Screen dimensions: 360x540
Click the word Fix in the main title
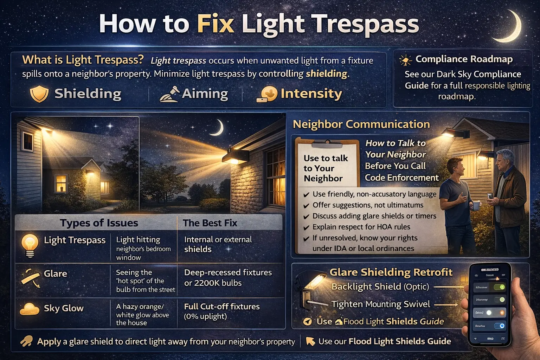click(216, 24)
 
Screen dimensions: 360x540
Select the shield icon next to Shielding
click(39, 94)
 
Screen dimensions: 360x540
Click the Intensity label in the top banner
click(311, 94)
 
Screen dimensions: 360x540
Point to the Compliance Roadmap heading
click(464, 59)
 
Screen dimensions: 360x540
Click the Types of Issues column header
click(99, 223)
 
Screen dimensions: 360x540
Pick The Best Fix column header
click(210, 223)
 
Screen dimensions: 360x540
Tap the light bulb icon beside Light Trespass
click(30, 245)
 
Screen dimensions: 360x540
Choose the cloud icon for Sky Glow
click(30, 309)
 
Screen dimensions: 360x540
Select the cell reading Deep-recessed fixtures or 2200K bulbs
click(227, 278)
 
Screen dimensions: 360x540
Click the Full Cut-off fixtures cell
click(221, 311)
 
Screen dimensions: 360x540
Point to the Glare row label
click(55, 274)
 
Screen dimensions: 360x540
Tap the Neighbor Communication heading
click(361, 124)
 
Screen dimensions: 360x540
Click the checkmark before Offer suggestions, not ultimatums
click(306, 206)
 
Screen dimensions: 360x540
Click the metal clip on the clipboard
click(327, 144)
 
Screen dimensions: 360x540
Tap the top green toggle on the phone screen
click(500, 287)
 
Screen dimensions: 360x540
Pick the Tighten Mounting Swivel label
click(380, 304)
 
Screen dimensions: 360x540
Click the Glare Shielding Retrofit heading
click(391, 272)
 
